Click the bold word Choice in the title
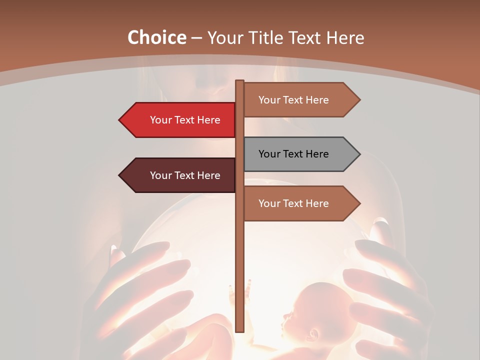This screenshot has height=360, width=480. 156,37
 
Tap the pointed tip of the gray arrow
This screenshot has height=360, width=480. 359,154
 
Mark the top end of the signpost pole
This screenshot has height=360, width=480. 239,82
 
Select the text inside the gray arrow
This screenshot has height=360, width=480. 293,154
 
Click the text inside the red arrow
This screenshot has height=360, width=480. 185,120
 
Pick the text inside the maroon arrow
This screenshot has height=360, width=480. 185,175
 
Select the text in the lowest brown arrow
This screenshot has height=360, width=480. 293,203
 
